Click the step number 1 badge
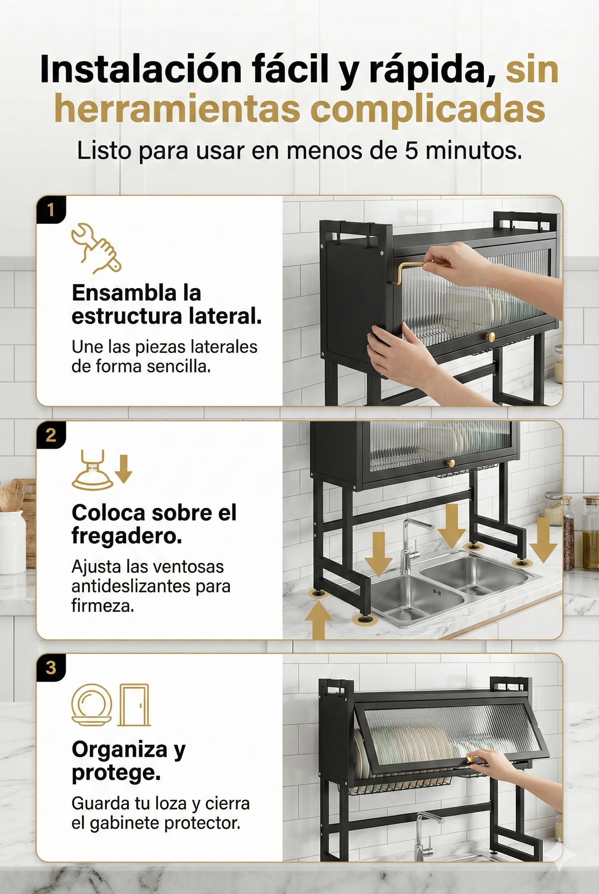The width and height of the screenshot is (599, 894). pyautogui.click(x=51, y=210)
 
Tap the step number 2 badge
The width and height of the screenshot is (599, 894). pyautogui.click(x=51, y=435)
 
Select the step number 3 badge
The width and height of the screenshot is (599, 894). pyautogui.click(x=51, y=668)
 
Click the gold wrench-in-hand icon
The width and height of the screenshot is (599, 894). pyautogui.click(x=96, y=248)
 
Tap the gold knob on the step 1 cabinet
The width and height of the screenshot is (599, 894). pyautogui.click(x=490, y=337)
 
